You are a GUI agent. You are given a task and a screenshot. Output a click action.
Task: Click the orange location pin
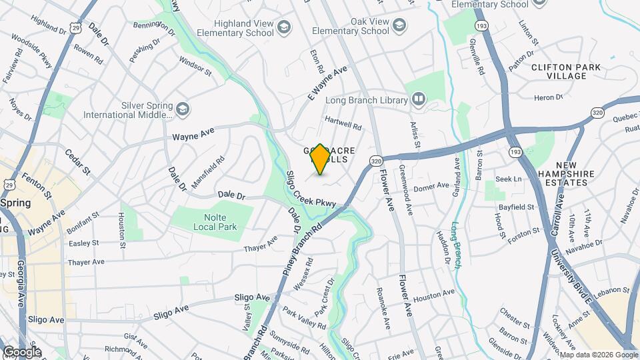coord(320,159)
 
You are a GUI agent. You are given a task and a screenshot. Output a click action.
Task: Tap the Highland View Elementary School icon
coord(285,27)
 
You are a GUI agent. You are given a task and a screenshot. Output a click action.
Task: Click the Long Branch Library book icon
coord(419,100)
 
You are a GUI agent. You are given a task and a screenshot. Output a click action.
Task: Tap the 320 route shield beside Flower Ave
coord(377,161)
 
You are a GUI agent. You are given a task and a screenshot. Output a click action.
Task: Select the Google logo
coord(21,352)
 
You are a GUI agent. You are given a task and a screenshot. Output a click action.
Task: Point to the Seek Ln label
coord(508,179)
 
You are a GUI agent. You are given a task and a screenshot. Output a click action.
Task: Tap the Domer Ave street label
coord(432,187)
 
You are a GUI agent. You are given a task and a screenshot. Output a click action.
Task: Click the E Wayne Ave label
coord(328,83)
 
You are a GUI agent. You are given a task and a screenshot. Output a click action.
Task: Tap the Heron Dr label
coord(549,97)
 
